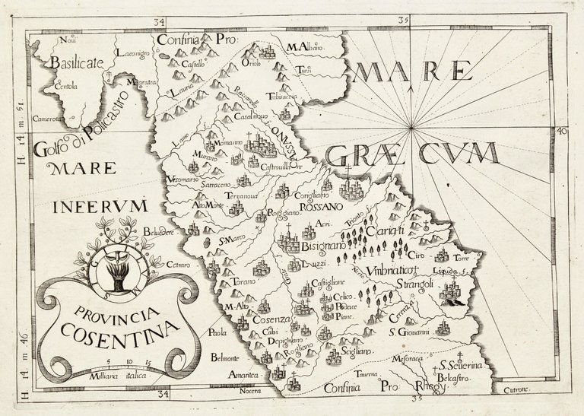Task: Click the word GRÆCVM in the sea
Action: [412, 154]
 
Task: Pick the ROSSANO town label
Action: [322, 206]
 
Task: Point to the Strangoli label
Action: [414, 284]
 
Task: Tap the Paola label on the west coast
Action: [219, 332]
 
